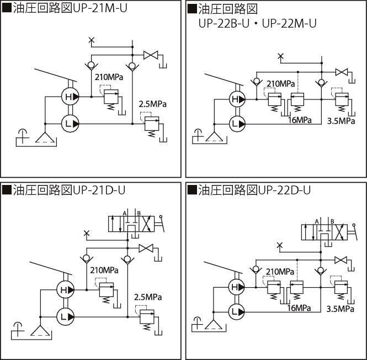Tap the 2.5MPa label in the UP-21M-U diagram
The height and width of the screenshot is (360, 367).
(x=152, y=104)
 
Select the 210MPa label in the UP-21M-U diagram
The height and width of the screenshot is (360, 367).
(x=109, y=77)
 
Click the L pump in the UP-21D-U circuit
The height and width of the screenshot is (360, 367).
(x=66, y=316)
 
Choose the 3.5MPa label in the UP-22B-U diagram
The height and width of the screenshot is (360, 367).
(x=341, y=120)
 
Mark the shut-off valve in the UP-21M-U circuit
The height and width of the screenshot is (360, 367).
(x=151, y=55)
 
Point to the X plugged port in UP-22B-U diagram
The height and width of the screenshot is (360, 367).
(x=281, y=56)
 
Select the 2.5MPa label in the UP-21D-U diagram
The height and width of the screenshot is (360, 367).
(x=147, y=298)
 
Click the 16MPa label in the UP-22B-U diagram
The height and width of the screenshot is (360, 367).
(x=299, y=120)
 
